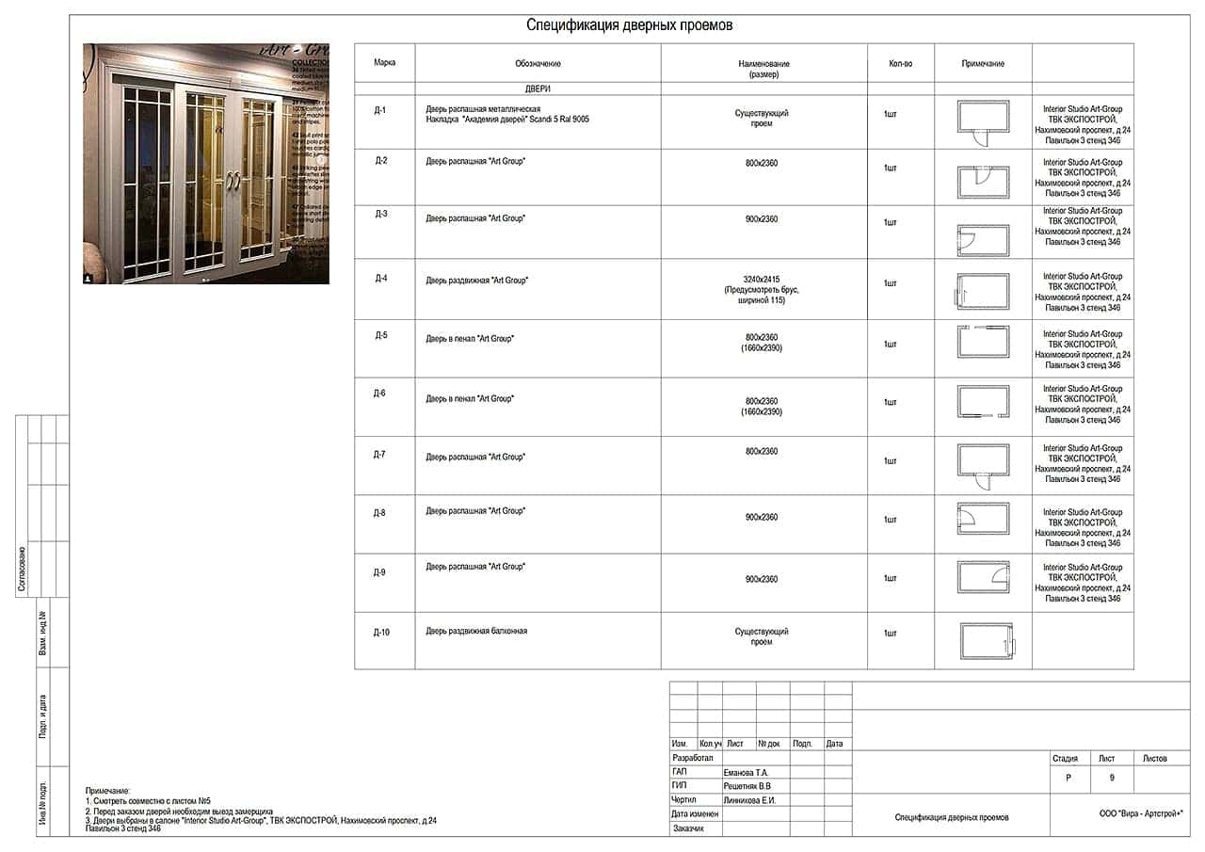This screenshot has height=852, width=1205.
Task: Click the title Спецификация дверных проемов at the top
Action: pyautogui.click(x=629, y=25)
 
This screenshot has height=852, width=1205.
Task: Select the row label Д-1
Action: pyautogui.click(x=380, y=110)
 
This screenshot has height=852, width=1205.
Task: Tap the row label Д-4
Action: pyautogui.click(x=380, y=279)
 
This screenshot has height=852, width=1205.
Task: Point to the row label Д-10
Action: pyautogui.click(x=380, y=633)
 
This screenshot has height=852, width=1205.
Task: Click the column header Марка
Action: pyautogui.click(x=384, y=62)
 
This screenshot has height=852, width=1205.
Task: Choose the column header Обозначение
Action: pyautogui.click(x=538, y=64)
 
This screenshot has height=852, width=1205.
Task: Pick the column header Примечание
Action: pyautogui.click(x=983, y=64)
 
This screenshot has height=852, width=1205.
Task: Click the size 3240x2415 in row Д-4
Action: pyautogui.click(x=762, y=280)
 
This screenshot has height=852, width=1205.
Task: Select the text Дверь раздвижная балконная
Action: pyautogui.click(x=476, y=631)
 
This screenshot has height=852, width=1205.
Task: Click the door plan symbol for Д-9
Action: pyautogui.click(x=983, y=576)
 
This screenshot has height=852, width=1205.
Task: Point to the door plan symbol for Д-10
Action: pyautogui.click(x=986, y=642)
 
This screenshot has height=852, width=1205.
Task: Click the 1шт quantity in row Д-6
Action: pyautogui.click(x=890, y=402)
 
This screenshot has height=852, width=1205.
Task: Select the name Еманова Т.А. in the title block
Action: pyautogui.click(x=747, y=772)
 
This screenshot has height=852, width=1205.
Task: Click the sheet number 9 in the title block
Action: pyautogui.click(x=1112, y=779)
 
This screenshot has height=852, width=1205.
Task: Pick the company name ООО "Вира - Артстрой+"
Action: pyautogui.click(x=1140, y=813)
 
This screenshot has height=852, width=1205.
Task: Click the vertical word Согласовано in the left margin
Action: pyautogui.click(x=22, y=569)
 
